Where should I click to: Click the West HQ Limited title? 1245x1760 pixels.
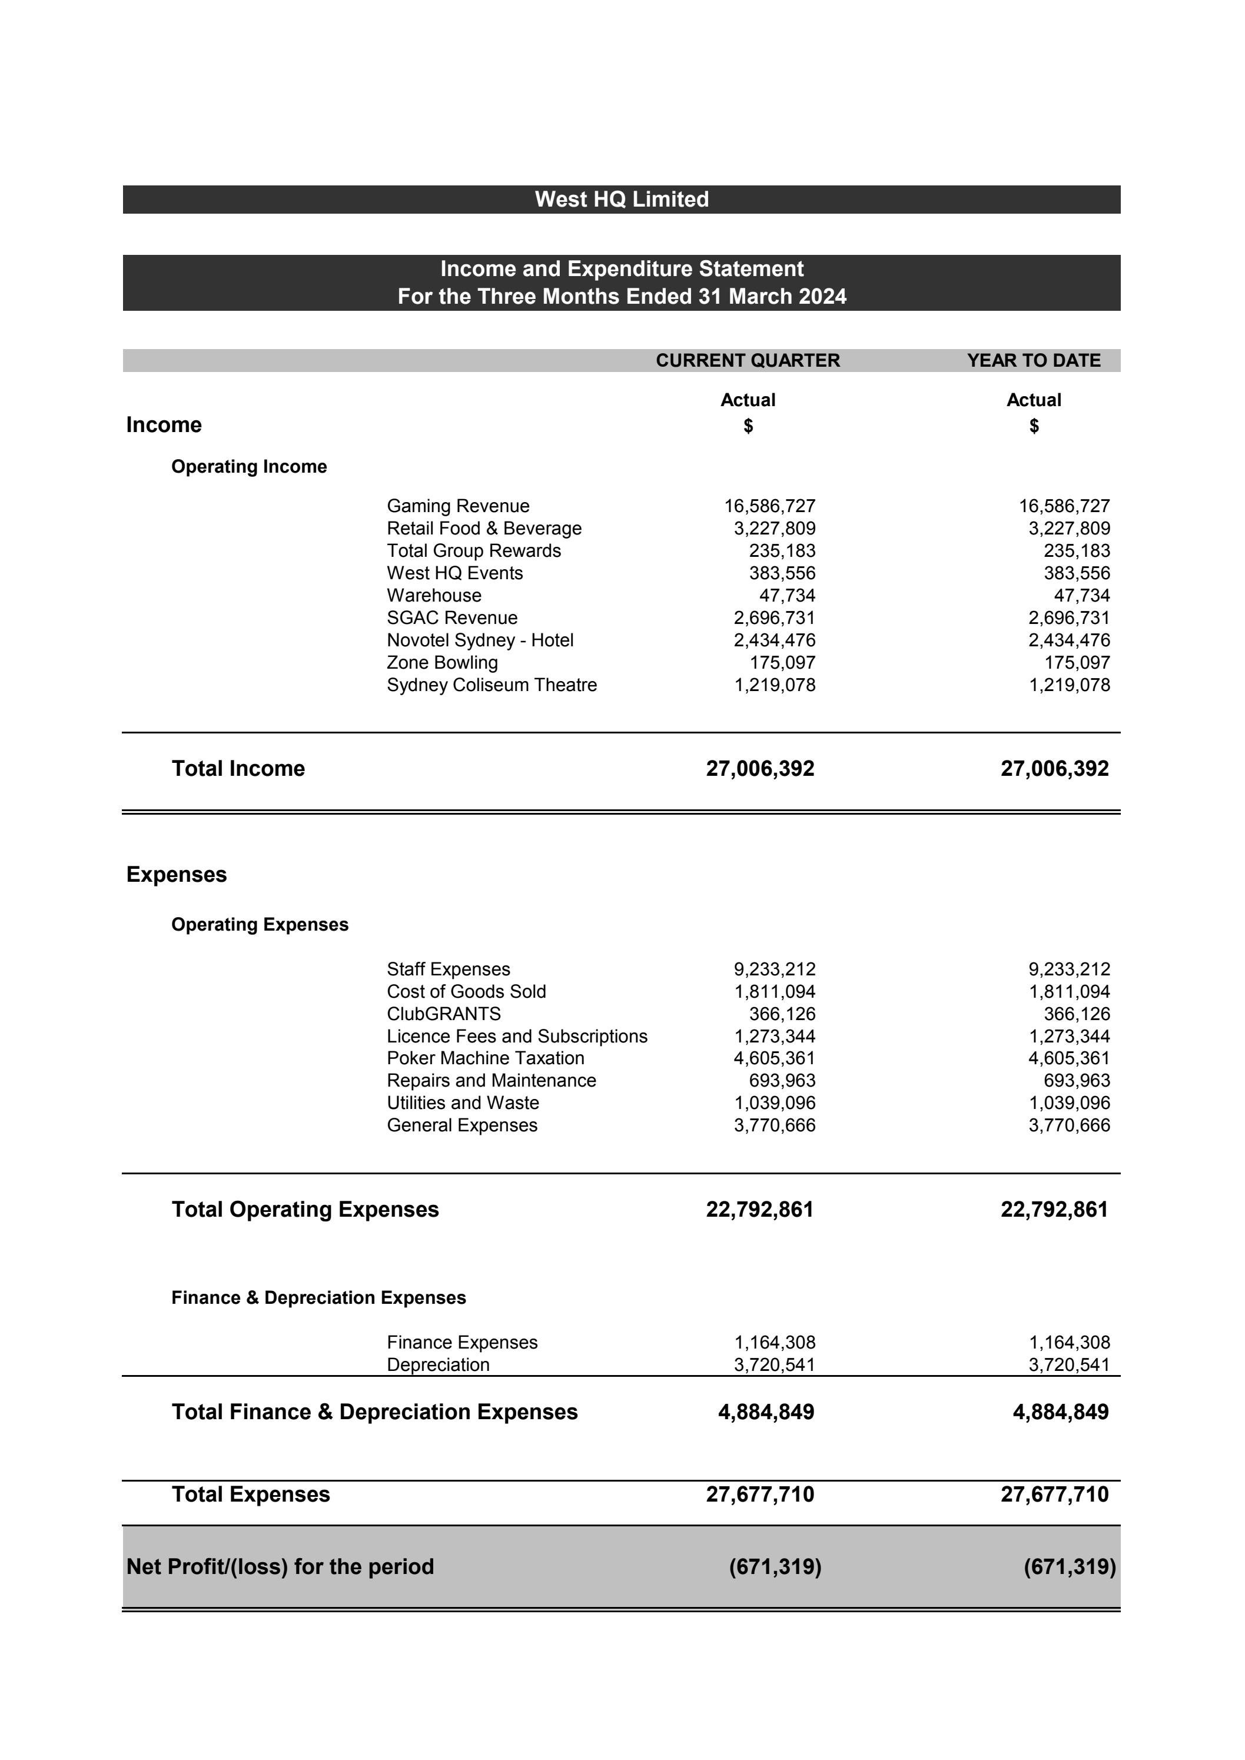click(x=621, y=200)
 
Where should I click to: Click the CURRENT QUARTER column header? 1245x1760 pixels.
click(x=748, y=360)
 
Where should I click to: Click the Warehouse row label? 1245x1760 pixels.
click(x=434, y=596)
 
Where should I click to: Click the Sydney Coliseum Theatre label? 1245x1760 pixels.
click(x=492, y=685)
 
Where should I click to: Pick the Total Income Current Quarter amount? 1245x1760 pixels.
click(x=760, y=768)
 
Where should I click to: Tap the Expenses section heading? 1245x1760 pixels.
click(x=177, y=875)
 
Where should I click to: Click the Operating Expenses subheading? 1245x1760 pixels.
click(x=259, y=925)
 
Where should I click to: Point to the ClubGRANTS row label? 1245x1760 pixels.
click(x=443, y=1014)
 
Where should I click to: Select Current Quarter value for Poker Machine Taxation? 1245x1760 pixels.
click(x=774, y=1058)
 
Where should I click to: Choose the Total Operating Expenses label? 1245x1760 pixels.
click(x=305, y=1209)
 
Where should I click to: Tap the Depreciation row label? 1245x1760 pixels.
click(x=438, y=1364)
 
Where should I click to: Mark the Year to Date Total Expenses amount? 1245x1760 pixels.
click(x=1054, y=1494)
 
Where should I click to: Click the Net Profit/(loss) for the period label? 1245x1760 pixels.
click(x=280, y=1566)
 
